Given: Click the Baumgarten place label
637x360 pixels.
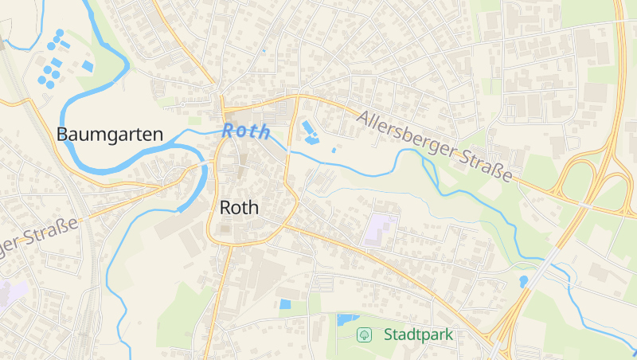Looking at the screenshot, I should tap(110, 135).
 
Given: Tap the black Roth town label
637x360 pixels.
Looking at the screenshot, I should tap(238, 209).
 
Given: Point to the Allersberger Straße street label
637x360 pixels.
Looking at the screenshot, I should tap(434, 146).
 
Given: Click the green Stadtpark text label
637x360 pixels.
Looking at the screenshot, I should tap(418, 335).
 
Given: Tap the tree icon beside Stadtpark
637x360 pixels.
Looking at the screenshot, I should tap(365, 335).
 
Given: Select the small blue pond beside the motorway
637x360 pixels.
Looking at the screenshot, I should tap(523, 281).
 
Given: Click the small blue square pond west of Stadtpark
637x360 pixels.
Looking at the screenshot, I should tap(285, 303).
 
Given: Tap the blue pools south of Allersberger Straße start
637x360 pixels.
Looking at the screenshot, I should tap(310, 132).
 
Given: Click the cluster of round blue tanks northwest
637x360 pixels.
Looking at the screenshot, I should tap(51, 60).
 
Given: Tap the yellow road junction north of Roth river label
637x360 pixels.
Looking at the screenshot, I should tap(224, 108).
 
